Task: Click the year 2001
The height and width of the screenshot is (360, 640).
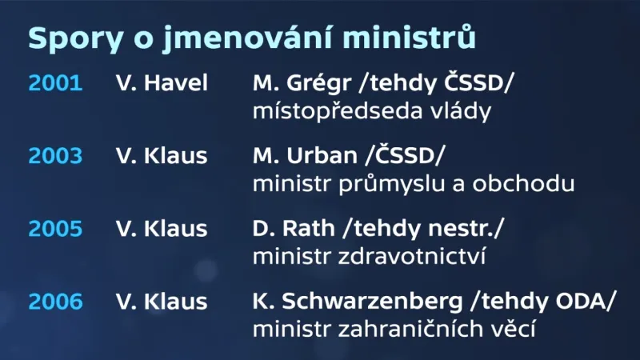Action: (x=55, y=82)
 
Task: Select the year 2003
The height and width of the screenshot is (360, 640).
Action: (x=55, y=156)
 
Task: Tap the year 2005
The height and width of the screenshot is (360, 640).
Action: (x=55, y=229)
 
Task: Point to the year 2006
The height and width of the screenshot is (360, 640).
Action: (x=55, y=302)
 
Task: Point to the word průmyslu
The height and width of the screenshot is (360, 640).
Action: (x=380, y=184)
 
